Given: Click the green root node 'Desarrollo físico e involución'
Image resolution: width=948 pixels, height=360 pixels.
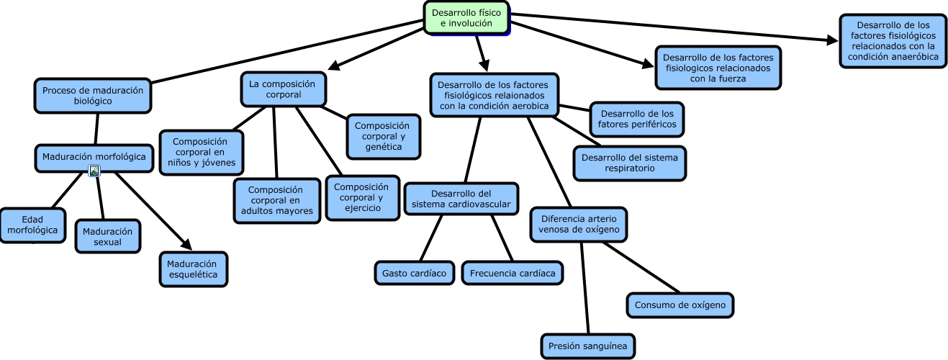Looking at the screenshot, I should coord(466,17).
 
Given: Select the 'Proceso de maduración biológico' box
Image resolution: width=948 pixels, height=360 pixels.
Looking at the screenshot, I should coord(93,96).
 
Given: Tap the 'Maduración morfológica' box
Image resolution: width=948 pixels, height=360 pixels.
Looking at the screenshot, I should coord(94,157).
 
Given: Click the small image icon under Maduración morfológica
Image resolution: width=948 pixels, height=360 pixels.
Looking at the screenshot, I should coord(94,171).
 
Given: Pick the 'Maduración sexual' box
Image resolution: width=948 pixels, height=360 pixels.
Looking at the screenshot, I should coord(108,236).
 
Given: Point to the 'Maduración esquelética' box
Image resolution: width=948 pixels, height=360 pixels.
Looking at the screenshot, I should coord(193,269).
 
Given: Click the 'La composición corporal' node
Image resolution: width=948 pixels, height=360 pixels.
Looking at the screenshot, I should coord(283,89).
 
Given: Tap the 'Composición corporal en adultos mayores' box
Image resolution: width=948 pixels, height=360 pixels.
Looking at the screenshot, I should coord(276,200).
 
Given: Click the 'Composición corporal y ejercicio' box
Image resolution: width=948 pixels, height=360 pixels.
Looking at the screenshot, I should coord(362,197).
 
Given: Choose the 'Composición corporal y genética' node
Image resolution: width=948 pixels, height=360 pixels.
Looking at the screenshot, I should coord(384,136).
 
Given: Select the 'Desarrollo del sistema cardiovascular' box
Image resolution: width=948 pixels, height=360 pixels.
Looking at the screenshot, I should coord(461,199).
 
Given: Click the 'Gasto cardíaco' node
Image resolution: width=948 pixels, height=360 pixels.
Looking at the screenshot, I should coord(415,273).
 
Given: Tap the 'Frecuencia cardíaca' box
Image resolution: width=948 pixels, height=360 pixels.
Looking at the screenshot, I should coord(513,273).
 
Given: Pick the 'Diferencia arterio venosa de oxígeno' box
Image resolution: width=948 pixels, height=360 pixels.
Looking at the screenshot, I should coord(579,224).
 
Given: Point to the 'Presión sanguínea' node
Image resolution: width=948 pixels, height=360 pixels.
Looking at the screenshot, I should coord(587,346).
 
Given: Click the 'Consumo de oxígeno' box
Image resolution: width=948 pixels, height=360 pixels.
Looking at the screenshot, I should coord(680,305).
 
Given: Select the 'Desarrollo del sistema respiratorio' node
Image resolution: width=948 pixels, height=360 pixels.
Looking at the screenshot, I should coord(629,163).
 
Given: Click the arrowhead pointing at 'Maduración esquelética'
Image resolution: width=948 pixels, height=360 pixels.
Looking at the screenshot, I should coord(186,246).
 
